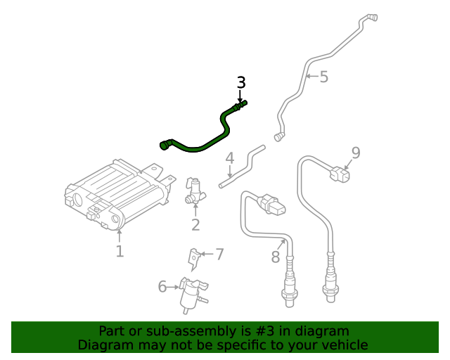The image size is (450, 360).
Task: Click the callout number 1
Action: coord(120,251)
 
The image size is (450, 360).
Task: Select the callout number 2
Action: coord(195,225)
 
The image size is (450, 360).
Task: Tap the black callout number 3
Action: coord(241,82)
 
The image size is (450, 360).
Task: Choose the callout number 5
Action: coord(323,77)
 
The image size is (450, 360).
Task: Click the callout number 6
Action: coord(162,286)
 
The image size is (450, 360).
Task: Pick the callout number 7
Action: coord(219,254)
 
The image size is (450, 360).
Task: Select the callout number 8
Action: coord(276,257)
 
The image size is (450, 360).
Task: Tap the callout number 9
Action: coord(356,152)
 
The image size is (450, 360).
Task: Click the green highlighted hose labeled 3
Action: coord(204,143)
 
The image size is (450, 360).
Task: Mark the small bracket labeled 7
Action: coord(193,258)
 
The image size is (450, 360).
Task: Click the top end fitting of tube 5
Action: coord(371,18)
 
